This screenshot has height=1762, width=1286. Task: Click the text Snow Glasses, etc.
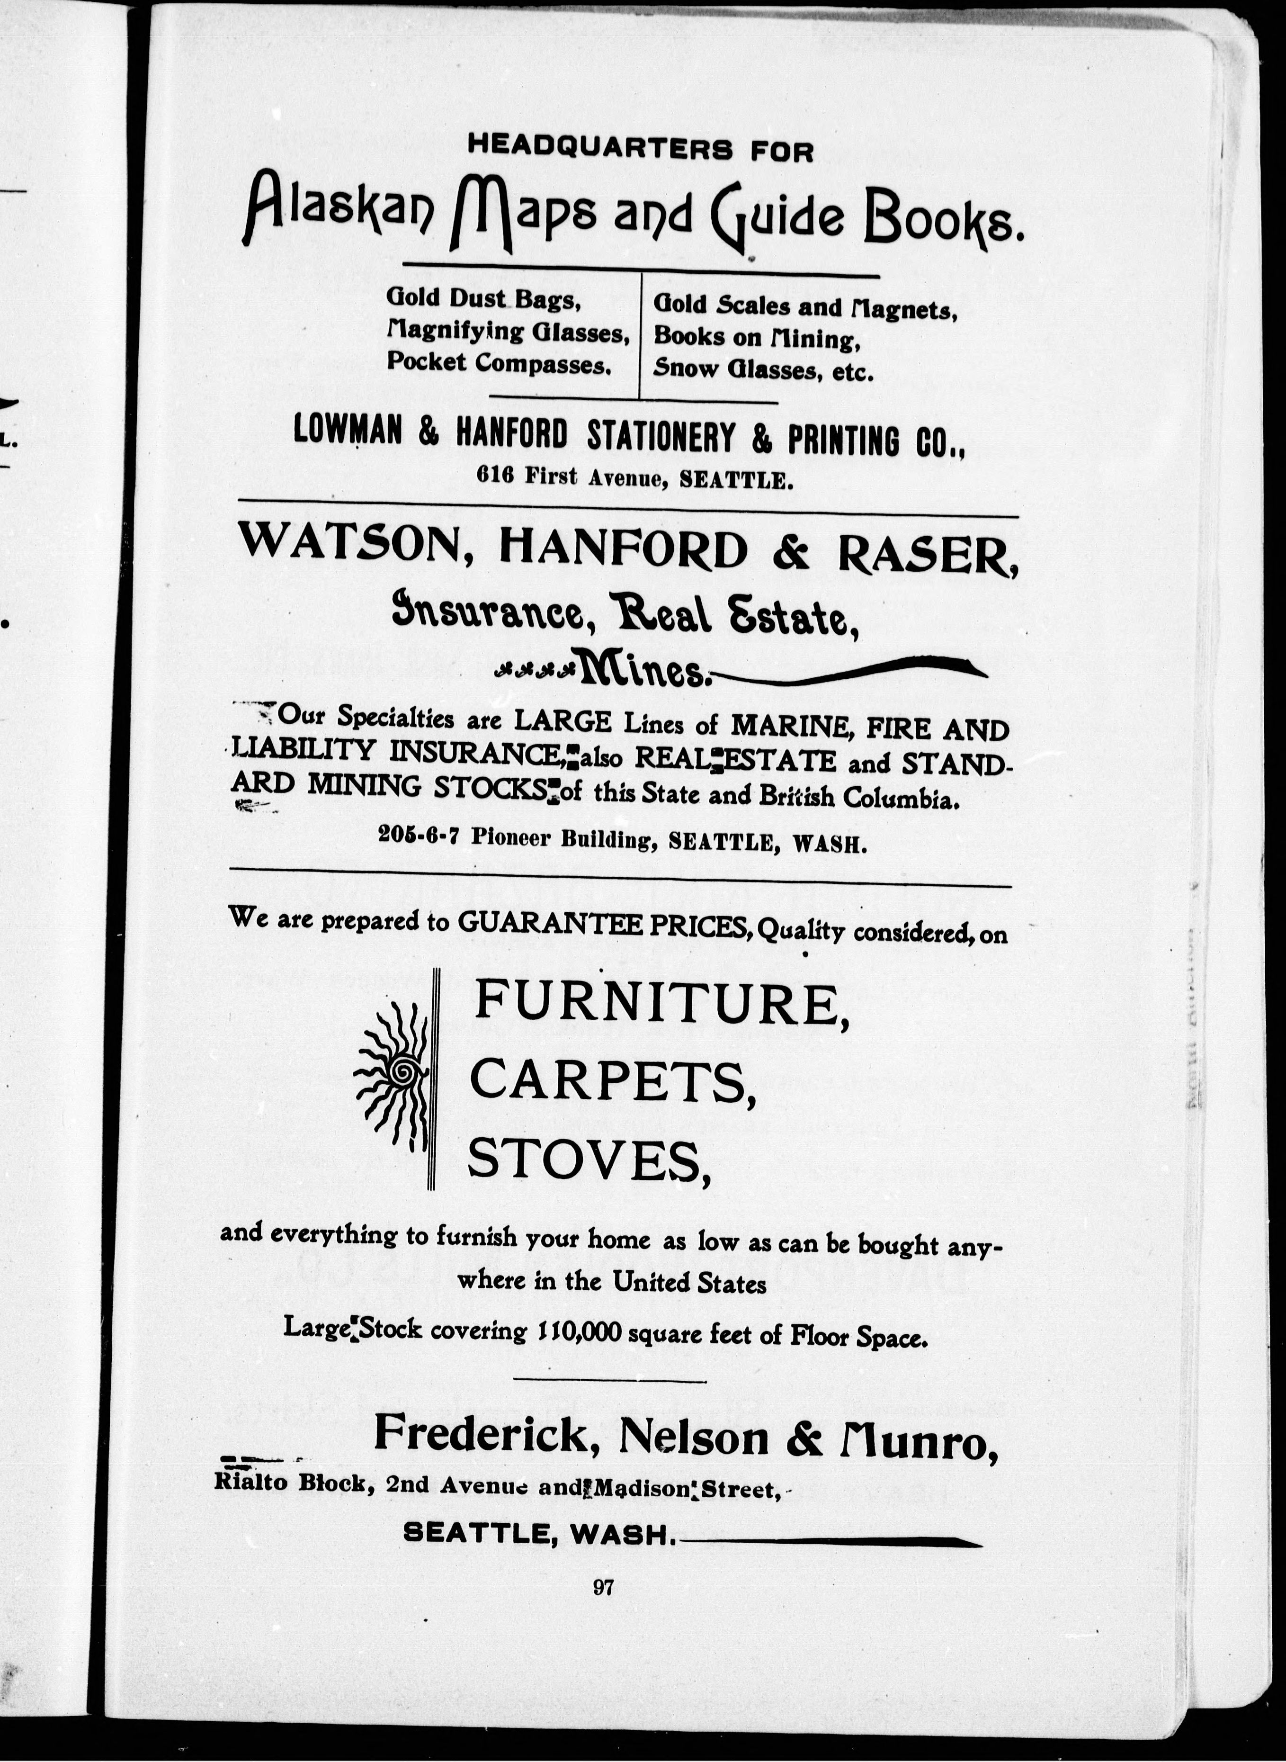763,369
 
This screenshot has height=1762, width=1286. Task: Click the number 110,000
579,1332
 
